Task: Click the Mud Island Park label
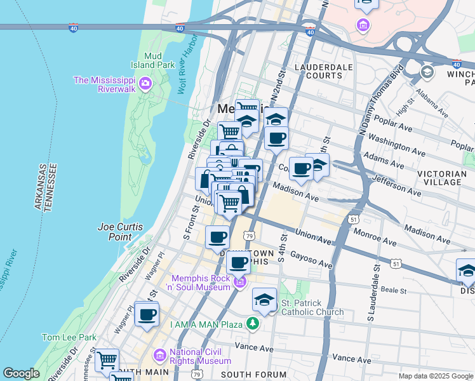coord(159,60)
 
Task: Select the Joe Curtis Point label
coord(119,232)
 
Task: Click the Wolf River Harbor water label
coord(190,72)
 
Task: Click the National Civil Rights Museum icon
coord(159,354)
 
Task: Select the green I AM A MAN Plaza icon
coord(253,324)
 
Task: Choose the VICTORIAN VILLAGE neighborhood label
coord(444,178)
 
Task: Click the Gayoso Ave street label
coord(311,258)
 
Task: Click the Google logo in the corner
coord(21,373)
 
